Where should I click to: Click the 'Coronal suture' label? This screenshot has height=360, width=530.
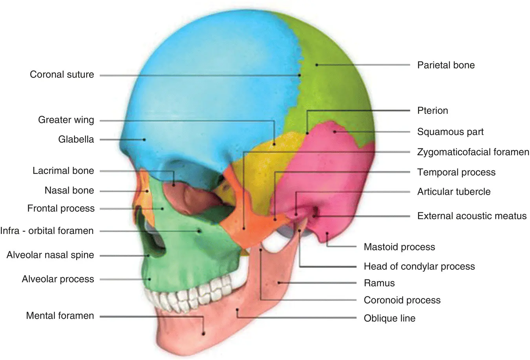point(62,75)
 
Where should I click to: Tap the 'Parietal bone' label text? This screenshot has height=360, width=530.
point(446,65)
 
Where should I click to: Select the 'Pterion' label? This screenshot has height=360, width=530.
point(432,111)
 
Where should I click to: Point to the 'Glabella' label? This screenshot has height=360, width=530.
point(76,139)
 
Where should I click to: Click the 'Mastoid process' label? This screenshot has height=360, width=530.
point(399,247)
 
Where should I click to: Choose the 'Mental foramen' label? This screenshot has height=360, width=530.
point(60,316)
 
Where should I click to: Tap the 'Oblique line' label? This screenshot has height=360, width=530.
point(389,318)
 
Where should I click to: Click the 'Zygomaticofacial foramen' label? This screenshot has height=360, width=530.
point(473,152)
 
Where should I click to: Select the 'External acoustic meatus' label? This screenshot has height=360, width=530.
point(472,216)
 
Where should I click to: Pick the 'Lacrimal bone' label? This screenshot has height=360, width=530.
point(63,171)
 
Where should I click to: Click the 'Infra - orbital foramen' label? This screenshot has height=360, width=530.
point(47,230)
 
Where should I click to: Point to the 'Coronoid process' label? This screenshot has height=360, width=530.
point(402,300)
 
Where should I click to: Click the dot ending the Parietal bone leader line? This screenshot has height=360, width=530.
point(316,65)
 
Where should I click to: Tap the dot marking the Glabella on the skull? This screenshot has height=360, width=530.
point(144,139)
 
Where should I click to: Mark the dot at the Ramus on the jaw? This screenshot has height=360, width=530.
point(278,283)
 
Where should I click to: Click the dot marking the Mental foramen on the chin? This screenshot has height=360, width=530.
point(204,334)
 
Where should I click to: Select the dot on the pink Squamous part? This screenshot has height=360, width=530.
point(334,132)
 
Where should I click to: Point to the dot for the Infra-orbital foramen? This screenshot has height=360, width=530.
point(199,231)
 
